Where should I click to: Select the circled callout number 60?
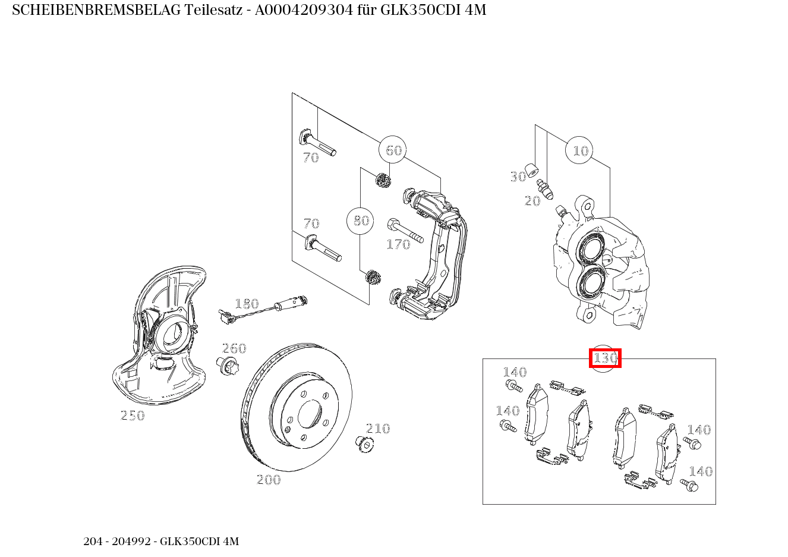tap(394, 150)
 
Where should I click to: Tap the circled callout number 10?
tap(580, 151)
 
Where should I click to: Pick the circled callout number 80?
tap(361, 221)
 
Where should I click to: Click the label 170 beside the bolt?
tap(398, 244)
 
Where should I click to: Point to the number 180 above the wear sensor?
tap(247, 304)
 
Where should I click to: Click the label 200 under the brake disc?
tap(269, 480)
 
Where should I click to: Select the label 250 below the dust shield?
tap(133, 416)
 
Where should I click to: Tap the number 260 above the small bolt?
tap(234, 348)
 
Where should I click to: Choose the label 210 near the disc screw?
tap(378, 429)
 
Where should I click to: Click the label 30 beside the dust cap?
tap(518, 177)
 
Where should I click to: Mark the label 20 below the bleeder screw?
tap(532, 201)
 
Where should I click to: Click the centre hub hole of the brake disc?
tap(310, 414)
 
